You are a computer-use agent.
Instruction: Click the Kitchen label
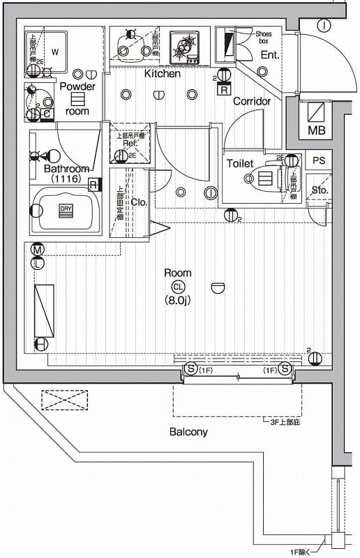(x=163, y=73)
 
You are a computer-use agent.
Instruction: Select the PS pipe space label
(x=319, y=160)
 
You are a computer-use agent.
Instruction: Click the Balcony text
(x=188, y=432)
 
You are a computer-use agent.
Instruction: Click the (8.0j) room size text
(x=178, y=301)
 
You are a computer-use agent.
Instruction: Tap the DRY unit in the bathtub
(x=66, y=209)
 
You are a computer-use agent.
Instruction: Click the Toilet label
(x=239, y=163)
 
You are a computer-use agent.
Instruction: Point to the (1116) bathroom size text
(x=66, y=179)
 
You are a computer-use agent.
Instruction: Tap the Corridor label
(x=251, y=101)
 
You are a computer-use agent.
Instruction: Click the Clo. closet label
(x=138, y=202)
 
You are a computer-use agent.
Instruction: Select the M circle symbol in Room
(x=38, y=250)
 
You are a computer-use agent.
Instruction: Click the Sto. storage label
(x=320, y=190)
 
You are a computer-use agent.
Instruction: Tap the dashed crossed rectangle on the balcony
(x=65, y=400)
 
